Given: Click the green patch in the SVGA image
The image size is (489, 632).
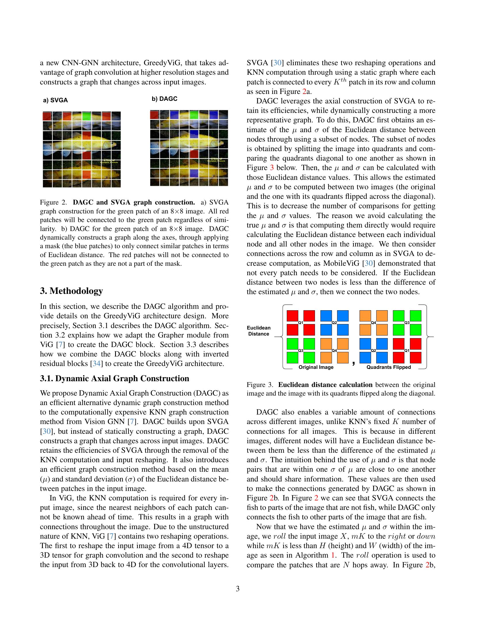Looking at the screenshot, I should click(x=86, y=116).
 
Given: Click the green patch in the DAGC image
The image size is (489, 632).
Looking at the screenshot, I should click(x=194, y=115).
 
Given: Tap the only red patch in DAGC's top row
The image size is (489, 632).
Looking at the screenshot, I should click(x=154, y=115).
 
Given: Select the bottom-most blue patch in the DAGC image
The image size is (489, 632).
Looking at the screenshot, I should click(x=194, y=173).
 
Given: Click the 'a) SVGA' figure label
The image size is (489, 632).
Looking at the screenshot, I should click(x=55, y=101).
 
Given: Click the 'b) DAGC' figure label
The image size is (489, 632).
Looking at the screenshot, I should click(x=164, y=99).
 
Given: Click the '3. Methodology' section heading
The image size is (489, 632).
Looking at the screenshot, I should click(x=71, y=291).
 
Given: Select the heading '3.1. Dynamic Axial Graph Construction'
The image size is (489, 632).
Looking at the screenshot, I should click(x=114, y=379).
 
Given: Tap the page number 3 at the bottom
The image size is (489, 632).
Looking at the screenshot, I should click(x=238, y=589).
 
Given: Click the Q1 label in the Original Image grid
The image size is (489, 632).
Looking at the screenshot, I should click(x=301, y=323).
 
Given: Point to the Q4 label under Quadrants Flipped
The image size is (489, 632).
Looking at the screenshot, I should click(x=373, y=323).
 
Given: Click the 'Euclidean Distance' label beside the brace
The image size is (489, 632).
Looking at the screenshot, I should click(x=259, y=331).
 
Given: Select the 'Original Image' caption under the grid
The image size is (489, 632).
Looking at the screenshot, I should click(x=316, y=367).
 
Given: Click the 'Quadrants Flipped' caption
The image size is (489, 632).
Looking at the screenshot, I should click(x=389, y=367).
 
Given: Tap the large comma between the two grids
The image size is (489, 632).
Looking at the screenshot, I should click(x=354, y=363).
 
